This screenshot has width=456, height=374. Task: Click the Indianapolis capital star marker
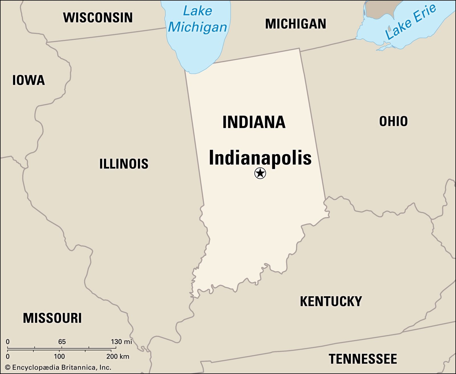260,173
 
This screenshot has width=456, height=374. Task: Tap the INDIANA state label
254,122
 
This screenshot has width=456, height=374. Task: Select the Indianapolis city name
260,158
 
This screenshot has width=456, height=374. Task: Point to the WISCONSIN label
98,18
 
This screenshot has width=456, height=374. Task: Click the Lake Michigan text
197,19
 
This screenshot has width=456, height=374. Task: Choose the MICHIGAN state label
296,24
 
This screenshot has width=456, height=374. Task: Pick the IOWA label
28,80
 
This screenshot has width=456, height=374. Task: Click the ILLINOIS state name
124,164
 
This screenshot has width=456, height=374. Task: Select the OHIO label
393,121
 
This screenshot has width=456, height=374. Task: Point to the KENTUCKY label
331,301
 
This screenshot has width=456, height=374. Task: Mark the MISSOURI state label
52,318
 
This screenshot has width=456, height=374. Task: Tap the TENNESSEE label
363,359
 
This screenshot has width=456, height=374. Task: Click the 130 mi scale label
121,342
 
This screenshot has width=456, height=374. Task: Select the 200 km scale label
118,356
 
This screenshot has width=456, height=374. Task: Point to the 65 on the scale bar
62,342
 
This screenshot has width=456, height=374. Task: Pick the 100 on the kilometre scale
59,356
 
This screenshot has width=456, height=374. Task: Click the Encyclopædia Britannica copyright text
61,367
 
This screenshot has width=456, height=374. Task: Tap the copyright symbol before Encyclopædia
8,367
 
